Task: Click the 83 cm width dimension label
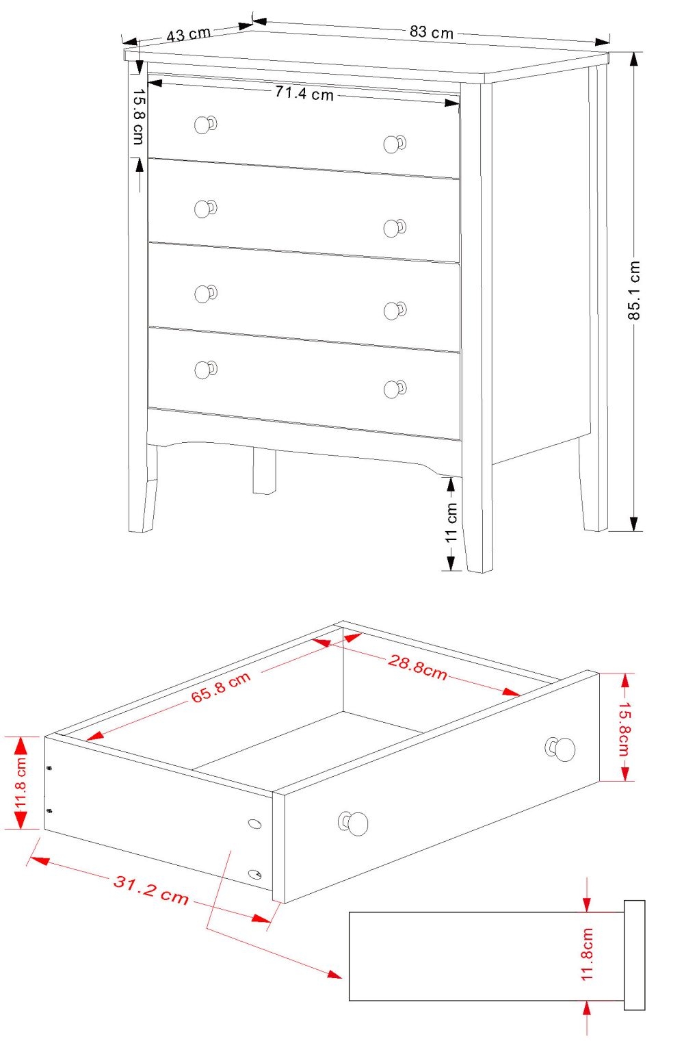(x=432, y=32)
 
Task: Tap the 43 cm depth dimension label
(x=188, y=34)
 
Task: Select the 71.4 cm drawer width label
(x=304, y=93)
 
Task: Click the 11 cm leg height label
(x=451, y=523)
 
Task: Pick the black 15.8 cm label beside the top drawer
(x=138, y=117)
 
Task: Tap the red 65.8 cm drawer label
(x=221, y=687)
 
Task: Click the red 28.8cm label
(x=417, y=667)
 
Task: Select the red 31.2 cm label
(x=151, y=889)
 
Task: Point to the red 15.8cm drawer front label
(x=624, y=727)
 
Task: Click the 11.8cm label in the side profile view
(x=588, y=955)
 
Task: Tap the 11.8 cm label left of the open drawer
(x=21, y=782)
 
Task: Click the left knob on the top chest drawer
(x=204, y=125)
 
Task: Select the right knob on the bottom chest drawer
(x=393, y=389)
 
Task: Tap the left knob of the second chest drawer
(x=204, y=209)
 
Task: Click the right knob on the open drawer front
(x=562, y=749)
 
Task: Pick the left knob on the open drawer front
(x=355, y=823)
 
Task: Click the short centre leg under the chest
(x=264, y=471)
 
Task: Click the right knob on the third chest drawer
(x=393, y=310)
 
